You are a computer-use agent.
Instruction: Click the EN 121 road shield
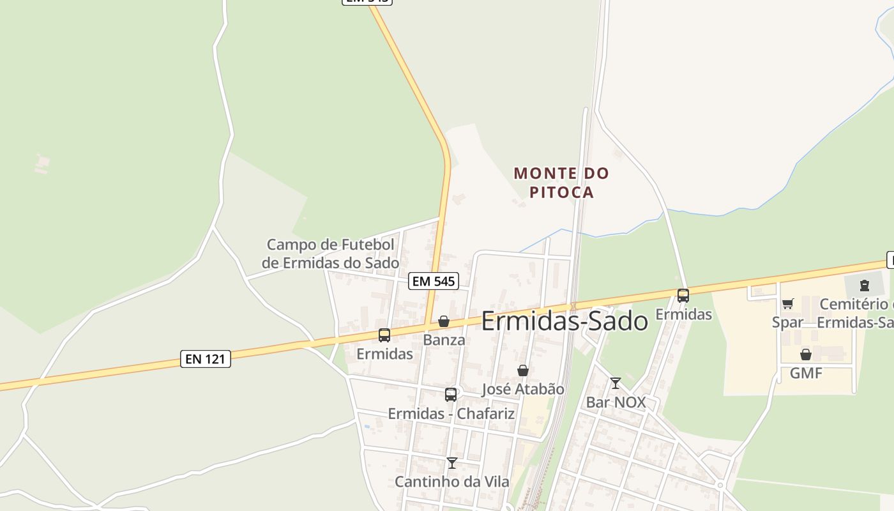click(205, 359)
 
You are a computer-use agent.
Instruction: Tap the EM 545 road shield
click(434, 281)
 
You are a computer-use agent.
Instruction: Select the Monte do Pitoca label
click(562, 183)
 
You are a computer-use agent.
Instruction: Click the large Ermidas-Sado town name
click(564, 321)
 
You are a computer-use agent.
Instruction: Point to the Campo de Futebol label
click(330, 254)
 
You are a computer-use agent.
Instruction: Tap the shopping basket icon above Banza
click(444, 321)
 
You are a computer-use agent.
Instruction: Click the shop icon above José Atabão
click(523, 370)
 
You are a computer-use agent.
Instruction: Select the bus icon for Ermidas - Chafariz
click(451, 395)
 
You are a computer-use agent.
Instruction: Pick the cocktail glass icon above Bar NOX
click(616, 383)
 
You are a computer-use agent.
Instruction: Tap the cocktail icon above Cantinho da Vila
click(452, 462)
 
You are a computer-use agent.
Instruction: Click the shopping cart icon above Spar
click(787, 304)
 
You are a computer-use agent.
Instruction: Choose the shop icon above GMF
click(806, 355)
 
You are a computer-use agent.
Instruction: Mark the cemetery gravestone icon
click(865, 286)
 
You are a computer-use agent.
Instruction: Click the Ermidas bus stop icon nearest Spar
click(683, 296)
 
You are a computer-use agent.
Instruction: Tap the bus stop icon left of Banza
click(384, 335)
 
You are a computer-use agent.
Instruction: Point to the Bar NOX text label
click(616, 402)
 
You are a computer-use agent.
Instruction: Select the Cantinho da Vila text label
click(452, 482)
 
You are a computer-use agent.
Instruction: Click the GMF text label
click(806, 373)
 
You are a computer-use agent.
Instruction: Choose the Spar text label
click(787, 323)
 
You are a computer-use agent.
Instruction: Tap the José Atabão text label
click(523, 389)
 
